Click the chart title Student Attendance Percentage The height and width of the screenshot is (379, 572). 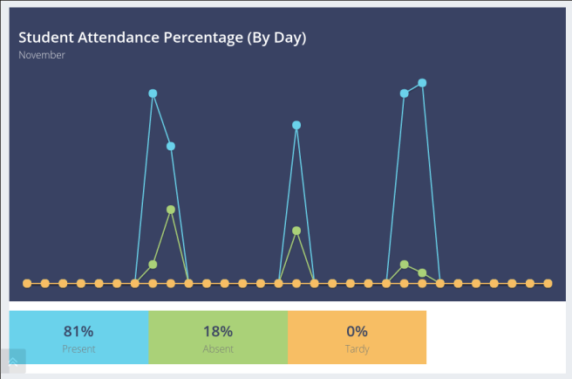(x=162, y=38)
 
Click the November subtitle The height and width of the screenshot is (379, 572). (x=42, y=56)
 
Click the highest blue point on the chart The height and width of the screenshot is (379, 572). (x=422, y=83)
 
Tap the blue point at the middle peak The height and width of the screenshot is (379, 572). (x=296, y=125)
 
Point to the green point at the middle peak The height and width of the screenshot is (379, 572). (x=296, y=231)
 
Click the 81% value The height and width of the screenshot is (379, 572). (x=78, y=331)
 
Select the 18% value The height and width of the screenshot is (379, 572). (x=217, y=331)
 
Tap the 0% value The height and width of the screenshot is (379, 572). (x=357, y=331)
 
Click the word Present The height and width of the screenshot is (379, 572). (x=78, y=349)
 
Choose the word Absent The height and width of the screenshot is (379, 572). (x=217, y=349)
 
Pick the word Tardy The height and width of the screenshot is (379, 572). (x=357, y=349)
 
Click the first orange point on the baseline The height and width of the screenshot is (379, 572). (x=27, y=283)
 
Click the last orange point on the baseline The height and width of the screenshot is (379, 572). (x=548, y=283)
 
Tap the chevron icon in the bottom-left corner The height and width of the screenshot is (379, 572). (x=14, y=361)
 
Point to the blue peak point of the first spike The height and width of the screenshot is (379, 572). (x=153, y=93)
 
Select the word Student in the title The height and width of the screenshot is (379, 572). (x=44, y=38)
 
